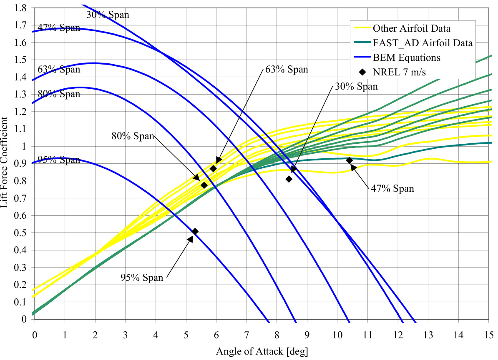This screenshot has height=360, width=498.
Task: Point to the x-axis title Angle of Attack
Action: tap(262, 351)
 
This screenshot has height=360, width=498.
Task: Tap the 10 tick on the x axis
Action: tap(337, 335)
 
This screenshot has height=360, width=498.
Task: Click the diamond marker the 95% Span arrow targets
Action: tap(195, 231)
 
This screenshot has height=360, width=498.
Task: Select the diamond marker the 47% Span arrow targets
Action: tap(350, 160)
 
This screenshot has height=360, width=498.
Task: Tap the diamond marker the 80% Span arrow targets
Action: tap(204, 185)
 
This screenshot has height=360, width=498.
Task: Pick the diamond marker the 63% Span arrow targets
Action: tap(213, 168)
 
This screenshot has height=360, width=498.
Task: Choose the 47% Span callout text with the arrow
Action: tap(392, 188)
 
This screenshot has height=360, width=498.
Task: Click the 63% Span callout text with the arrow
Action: tap(286, 70)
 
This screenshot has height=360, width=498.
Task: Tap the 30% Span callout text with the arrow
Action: tap(356, 87)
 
